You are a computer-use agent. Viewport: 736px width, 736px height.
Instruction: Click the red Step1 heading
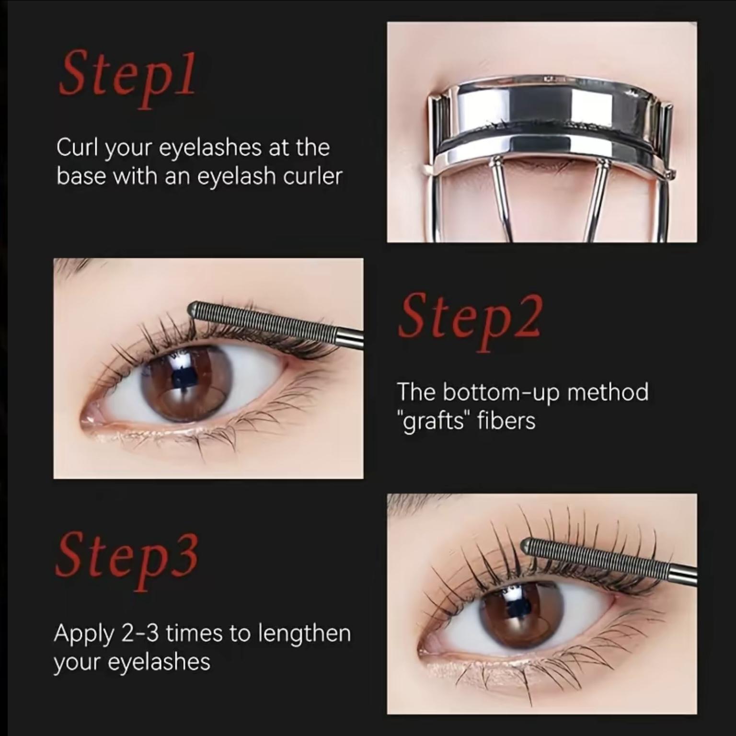point(127,77)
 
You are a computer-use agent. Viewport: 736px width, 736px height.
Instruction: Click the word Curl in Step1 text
point(77,147)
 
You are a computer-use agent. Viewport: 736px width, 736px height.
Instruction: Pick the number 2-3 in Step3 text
point(140,633)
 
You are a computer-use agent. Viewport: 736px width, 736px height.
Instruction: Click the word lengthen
point(304,633)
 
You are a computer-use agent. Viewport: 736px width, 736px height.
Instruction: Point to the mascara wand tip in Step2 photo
point(194,307)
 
